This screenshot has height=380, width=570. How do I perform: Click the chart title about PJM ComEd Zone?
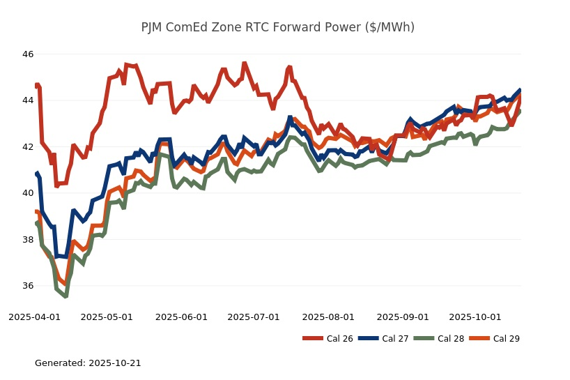pos(277,27)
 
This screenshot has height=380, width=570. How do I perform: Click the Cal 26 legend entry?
pos(328,339)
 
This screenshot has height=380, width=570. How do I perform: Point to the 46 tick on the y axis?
pos(28,54)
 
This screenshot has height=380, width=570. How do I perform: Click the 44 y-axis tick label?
pos(28,100)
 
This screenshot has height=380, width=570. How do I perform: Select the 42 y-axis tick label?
pos(28,147)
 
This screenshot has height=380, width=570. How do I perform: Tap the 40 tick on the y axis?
pos(28,193)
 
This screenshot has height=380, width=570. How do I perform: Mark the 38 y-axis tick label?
pos(28,240)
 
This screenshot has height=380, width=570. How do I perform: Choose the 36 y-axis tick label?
pos(28,286)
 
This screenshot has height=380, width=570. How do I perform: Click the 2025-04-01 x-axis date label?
pos(34,317)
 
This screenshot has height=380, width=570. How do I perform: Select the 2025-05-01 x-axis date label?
pos(107,317)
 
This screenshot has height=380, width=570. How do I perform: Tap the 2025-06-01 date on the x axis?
pos(181,317)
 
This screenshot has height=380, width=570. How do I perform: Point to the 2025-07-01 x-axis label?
pos(254,317)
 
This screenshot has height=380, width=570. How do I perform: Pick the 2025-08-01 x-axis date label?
pos(328,317)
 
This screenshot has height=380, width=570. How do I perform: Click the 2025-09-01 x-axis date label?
pos(403,317)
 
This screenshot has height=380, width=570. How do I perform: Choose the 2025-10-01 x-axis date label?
pos(475,317)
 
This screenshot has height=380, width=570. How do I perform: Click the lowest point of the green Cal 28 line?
pos(66,296)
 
